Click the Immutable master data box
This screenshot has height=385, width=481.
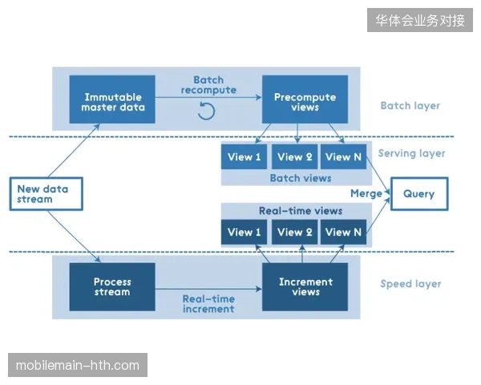[x=112, y=99]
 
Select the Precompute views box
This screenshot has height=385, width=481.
[x=305, y=99]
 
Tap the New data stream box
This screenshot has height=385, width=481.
[x=46, y=194]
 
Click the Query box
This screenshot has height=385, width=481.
[x=419, y=194]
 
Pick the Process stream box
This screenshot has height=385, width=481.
[x=112, y=287]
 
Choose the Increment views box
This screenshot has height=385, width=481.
[x=305, y=287]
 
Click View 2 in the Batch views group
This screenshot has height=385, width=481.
[x=294, y=156]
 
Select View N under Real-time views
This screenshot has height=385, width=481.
[x=344, y=232]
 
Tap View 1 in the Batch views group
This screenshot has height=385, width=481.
[x=245, y=156]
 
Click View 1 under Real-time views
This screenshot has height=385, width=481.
[x=245, y=232]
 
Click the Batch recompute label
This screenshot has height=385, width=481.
[x=208, y=85]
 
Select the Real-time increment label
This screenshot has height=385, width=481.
[x=208, y=304]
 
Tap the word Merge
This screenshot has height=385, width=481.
[x=366, y=193]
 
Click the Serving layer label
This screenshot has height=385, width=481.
[x=411, y=153]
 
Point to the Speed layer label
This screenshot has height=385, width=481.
[x=410, y=284]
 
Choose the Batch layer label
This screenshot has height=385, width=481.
[x=410, y=106]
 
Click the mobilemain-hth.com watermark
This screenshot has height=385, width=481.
[x=78, y=365]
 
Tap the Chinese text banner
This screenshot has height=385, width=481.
[x=420, y=20]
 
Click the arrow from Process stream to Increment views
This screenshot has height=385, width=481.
[x=208, y=289]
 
